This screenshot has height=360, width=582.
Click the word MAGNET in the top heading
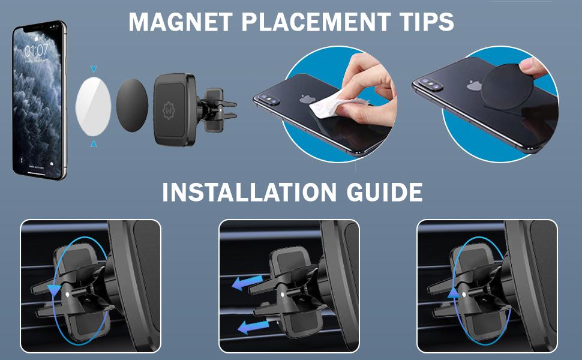pos(170,22)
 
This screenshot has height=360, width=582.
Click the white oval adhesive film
pos(93,107)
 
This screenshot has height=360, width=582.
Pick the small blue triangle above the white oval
pos(93,70)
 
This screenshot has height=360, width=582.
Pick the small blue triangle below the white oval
pos(93,144)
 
